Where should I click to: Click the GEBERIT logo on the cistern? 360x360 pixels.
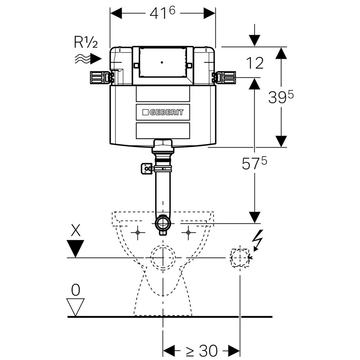point(163,112)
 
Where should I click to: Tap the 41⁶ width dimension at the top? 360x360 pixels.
point(162,13)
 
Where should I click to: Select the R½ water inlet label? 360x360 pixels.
point(86,42)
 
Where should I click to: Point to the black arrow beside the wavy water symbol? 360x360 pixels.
point(96,58)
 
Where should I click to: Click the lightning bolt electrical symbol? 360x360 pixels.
point(258,239)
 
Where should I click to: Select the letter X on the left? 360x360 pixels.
point(76,230)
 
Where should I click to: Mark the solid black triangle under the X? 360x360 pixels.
point(76,248)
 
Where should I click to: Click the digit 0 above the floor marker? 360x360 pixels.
point(76,290)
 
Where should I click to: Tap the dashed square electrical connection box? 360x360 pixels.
point(240,258)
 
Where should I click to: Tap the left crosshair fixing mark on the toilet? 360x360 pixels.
point(138,233)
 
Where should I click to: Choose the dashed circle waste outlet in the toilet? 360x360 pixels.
point(163,258)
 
